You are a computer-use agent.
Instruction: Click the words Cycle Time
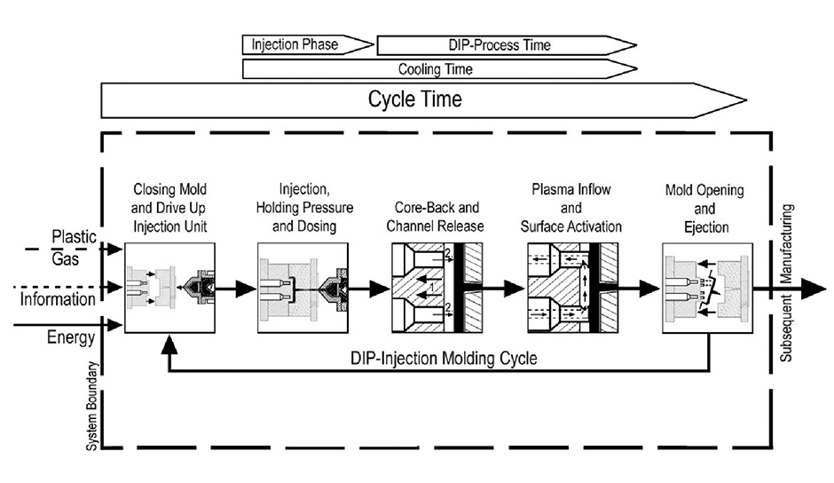[x=414, y=99]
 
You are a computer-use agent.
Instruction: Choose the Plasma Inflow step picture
[x=570, y=289]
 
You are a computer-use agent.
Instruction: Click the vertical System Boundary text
[x=90, y=408]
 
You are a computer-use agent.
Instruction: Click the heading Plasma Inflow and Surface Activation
[x=570, y=209]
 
